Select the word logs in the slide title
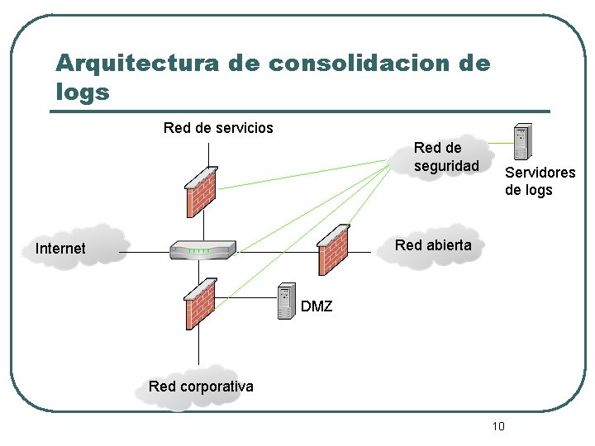point(83,92)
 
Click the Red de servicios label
point(218,128)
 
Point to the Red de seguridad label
point(446,157)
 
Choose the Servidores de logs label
point(540,182)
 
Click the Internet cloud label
point(60,249)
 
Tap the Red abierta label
point(433,245)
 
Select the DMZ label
point(317,306)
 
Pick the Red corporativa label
point(201,387)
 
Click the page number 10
point(497,426)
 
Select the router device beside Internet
point(202,249)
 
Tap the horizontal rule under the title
point(302,111)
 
